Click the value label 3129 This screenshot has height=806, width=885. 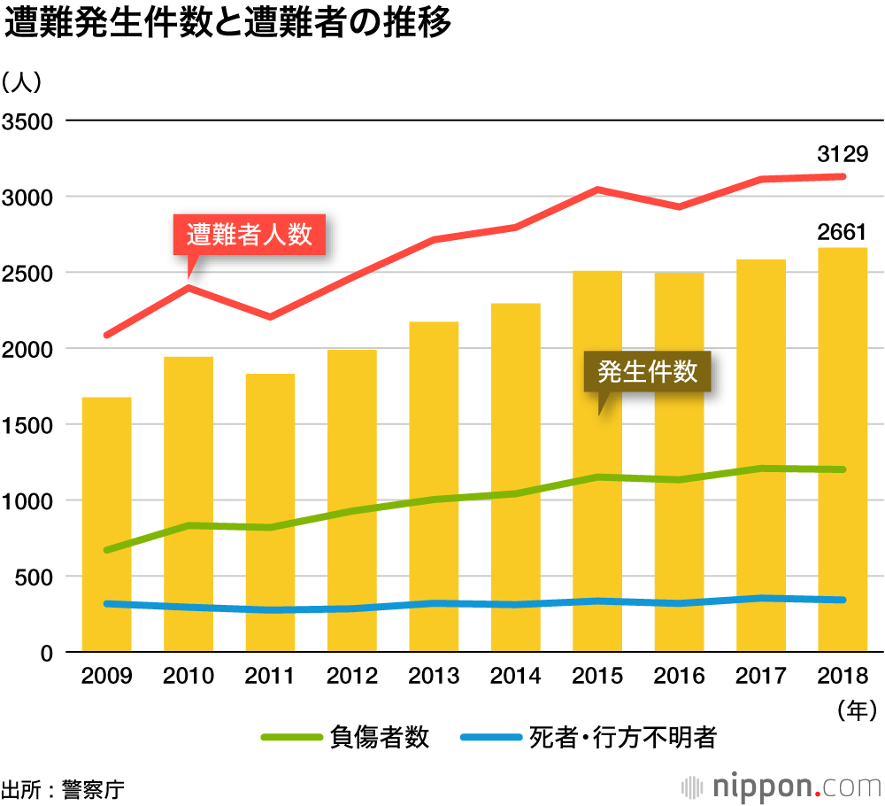[843, 155]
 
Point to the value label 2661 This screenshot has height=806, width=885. [843, 233]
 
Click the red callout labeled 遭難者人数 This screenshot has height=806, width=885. [250, 235]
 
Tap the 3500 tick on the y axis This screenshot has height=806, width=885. [30, 120]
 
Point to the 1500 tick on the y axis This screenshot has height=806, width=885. [30, 424]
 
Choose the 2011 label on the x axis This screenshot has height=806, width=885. [270, 677]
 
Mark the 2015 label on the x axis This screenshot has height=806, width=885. [597, 677]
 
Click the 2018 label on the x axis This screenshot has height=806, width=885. [843, 677]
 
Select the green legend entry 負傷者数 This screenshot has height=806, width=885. [345, 737]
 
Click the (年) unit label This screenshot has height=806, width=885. [855, 709]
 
